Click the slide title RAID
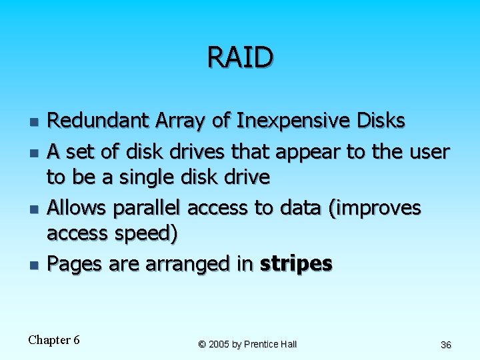tap(240, 57)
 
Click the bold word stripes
tap(296, 265)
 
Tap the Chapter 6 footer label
tap(54, 340)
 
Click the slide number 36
tap(446, 345)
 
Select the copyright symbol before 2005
tap(202, 344)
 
